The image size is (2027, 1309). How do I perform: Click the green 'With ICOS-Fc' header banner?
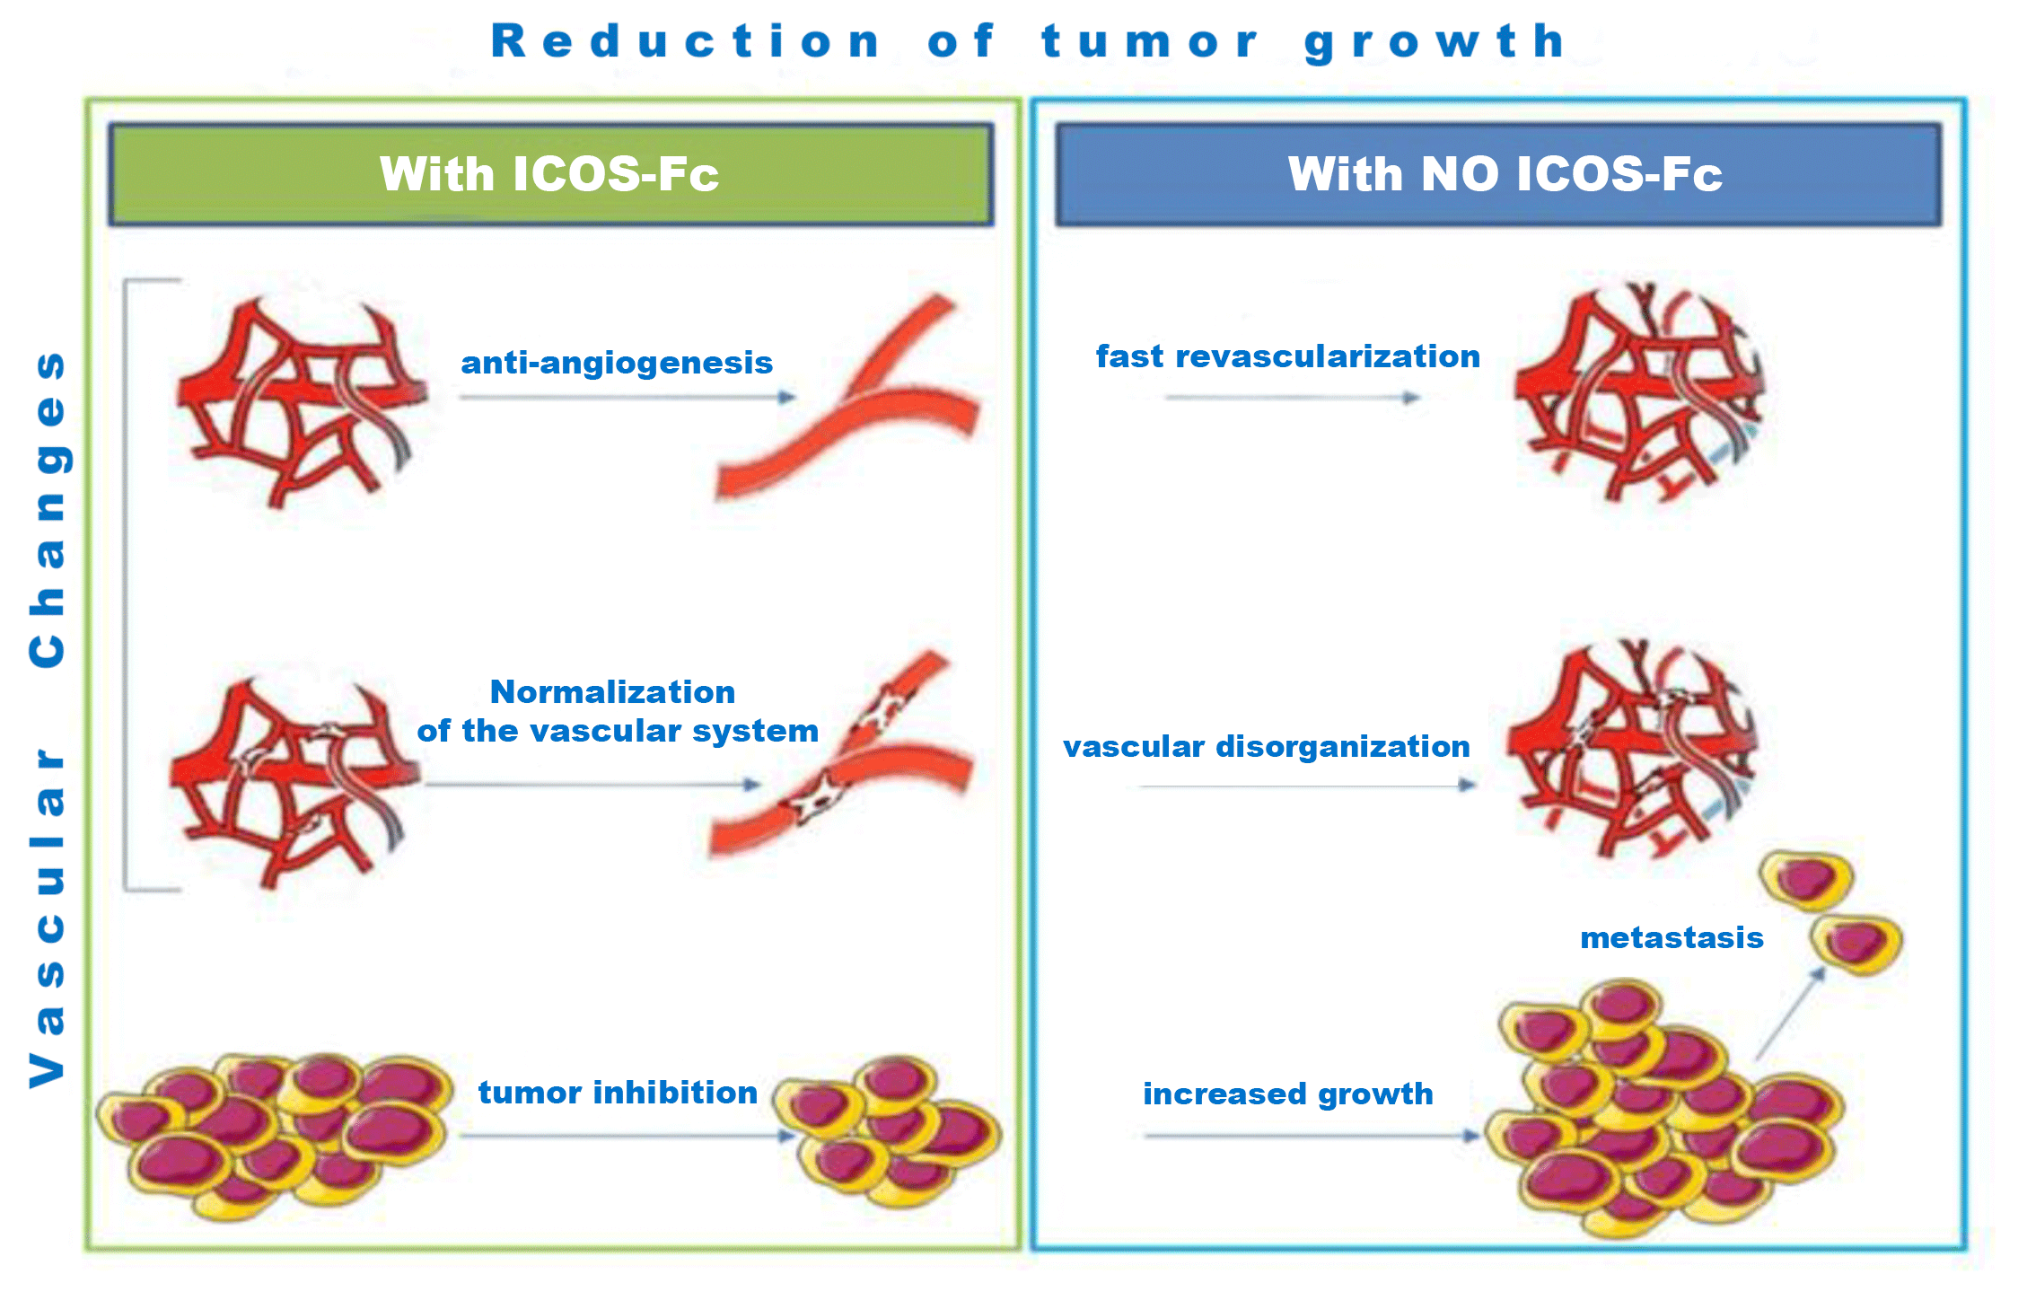click(x=550, y=174)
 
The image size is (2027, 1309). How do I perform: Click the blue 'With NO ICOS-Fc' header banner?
click(x=1498, y=174)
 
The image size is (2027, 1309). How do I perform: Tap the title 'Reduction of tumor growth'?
click(x=1029, y=42)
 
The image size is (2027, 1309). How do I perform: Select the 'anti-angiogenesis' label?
click(x=617, y=363)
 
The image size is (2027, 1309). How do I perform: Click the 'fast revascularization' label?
click(x=1287, y=356)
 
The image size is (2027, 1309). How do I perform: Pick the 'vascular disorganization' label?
click(x=1266, y=746)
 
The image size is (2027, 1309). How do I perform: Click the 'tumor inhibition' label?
click(x=618, y=1093)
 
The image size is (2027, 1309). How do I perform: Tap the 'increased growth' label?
click(x=1287, y=1094)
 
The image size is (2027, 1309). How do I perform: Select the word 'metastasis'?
click(x=1672, y=938)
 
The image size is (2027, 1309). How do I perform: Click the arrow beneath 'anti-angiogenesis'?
click(x=627, y=397)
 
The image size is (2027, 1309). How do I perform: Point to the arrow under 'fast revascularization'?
click(x=1293, y=397)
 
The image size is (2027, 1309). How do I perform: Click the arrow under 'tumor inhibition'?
click(x=627, y=1136)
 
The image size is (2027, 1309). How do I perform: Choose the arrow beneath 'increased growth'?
click(x=1311, y=1136)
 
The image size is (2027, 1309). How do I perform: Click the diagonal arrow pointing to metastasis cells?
click(x=1790, y=1015)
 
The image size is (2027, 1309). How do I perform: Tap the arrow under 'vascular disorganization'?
click(x=1307, y=786)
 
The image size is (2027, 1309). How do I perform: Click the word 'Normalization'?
click(x=612, y=692)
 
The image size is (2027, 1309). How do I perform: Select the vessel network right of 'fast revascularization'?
click(x=1639, y=392)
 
